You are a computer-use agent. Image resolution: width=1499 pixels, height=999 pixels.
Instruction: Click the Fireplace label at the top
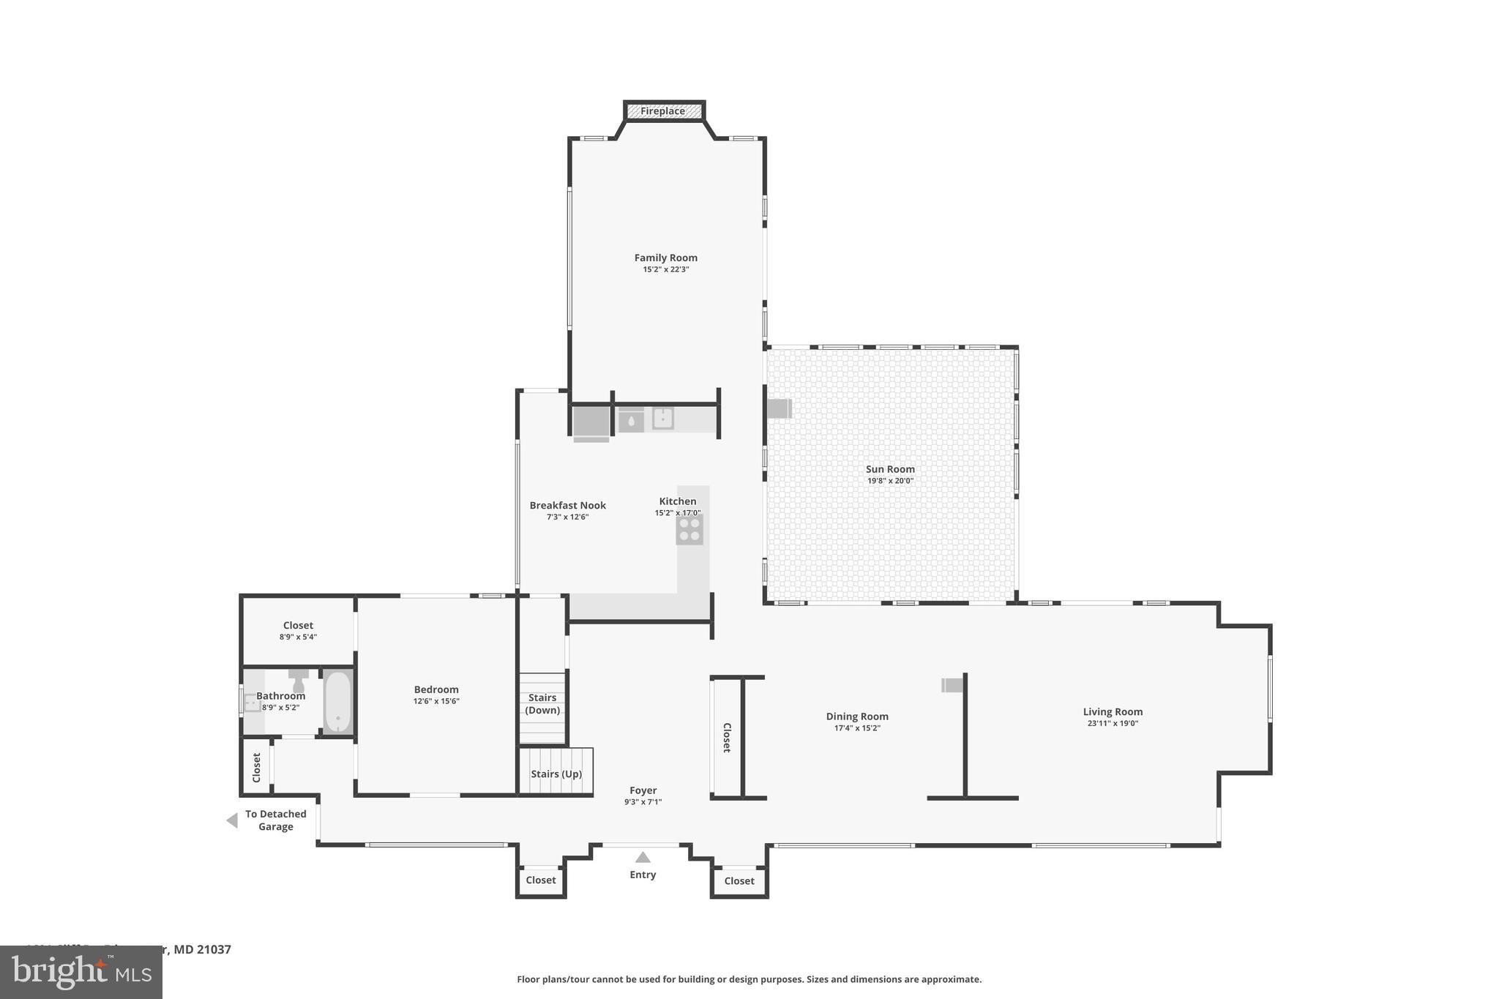click(663, 111)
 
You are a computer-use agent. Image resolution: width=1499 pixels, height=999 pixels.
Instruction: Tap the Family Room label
click(665, 258)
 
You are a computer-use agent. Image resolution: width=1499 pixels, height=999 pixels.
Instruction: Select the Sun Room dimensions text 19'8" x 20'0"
click(890, 481)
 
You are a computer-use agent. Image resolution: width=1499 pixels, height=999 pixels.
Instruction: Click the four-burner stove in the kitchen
click(689, 529)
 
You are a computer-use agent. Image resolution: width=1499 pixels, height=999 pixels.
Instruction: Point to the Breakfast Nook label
click(567, 505)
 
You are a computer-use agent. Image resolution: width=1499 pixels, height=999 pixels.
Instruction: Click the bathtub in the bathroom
click(338, 701)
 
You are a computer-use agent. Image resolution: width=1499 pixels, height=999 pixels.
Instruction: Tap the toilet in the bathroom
click(298, 681)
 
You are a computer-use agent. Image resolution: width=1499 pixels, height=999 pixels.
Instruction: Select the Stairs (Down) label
click(542, 703)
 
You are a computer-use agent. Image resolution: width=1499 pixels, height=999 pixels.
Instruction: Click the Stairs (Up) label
click(556, 774)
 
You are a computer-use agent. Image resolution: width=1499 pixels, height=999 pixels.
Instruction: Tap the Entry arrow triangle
click(643, 857)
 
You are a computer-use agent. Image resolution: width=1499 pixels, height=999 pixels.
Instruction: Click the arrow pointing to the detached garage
click(232, 820)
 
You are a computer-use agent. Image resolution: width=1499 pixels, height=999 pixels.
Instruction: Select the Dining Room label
click(857, 716)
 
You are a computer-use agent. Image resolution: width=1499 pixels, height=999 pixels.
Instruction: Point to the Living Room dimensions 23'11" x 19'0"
click(1113, 723)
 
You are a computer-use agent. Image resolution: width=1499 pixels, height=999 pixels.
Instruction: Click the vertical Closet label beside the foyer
click(727, 737)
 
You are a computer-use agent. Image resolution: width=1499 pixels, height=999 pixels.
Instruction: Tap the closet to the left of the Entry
click(541, 880)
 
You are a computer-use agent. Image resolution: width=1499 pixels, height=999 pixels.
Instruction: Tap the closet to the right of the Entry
click(739, 880)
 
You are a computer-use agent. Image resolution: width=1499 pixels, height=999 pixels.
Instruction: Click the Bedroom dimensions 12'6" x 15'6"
click(436, 701)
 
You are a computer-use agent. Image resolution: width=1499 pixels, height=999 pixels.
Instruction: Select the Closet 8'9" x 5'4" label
click(298, 630)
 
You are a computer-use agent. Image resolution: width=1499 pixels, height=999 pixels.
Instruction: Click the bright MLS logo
click(81, 973)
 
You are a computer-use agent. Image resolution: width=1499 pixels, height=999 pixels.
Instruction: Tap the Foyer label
click(643, 790)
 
